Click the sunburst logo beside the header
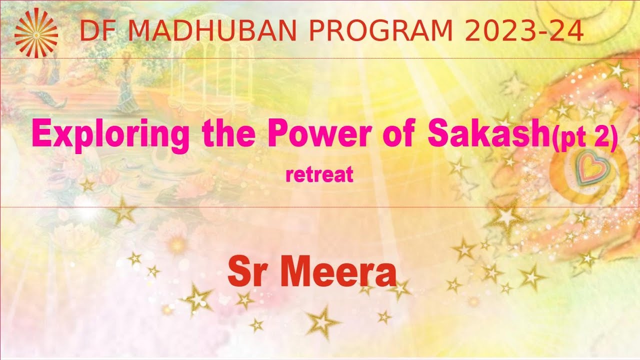pyautogui.click(x=35, y=31)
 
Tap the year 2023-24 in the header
pyautogui.click(x=524, y=31)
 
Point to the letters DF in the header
pyautogui.click(x=95, y=31)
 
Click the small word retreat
pyautogui.click(x=319, y=175)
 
